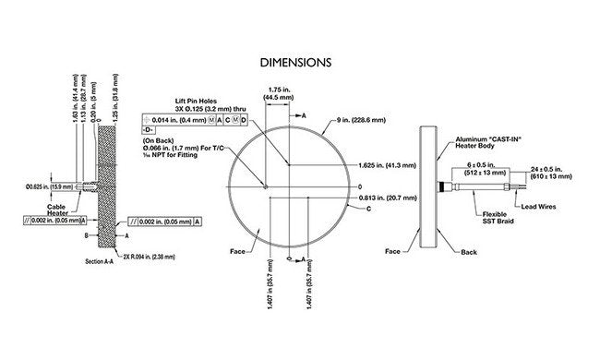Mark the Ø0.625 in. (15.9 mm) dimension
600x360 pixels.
point(50,188)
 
